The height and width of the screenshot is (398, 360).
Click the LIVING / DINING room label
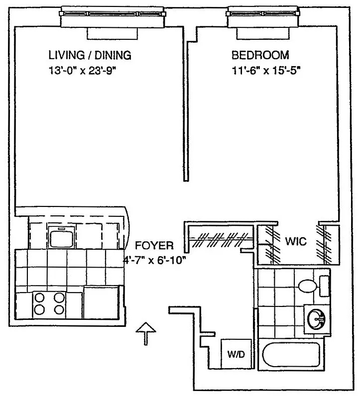[x=90, y=55]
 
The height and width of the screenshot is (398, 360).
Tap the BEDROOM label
[x=260, y=55]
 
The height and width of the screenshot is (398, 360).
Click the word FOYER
[x=154, y=245]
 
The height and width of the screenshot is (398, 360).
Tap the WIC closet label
[x=296, y=242]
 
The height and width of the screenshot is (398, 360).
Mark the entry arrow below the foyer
[x=145, y=332]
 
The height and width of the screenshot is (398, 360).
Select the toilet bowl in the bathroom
[x=306, y=286]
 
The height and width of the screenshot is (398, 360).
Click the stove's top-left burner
[x=39, y=298]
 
